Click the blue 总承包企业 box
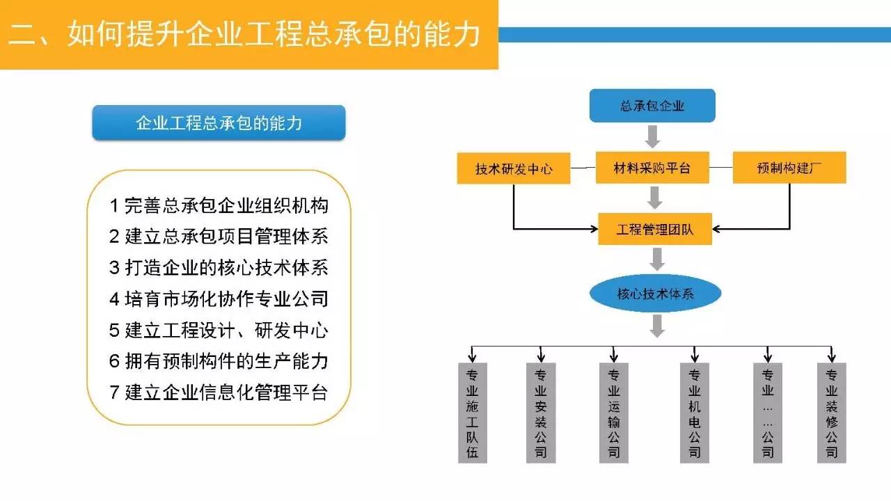[x=652, y=106]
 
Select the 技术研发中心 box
[x=513, y=168]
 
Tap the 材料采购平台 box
[x=652, y=168]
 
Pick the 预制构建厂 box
[x=789, y=168]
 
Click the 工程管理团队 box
[x=655, y=229]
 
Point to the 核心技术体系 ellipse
[x=655, y=294]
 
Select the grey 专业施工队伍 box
[x=473, y=413]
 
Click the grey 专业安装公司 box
[x=541, y=413]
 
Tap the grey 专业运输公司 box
[x=613, y=413]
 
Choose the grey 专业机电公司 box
[x=695, y=413]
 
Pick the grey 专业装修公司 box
[x=831, y=413]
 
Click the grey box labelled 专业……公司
[x=768, y=413]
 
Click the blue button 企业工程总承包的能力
[x=219, y=123]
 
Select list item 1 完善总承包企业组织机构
[x=219, y=206]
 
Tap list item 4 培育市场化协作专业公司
[x=219, y=299]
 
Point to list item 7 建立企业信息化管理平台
[x=219, y=392]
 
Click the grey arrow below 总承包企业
[x=652, y=136]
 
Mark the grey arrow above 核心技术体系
[x=655, y=260]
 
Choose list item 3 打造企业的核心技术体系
[x=219, y=268]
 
